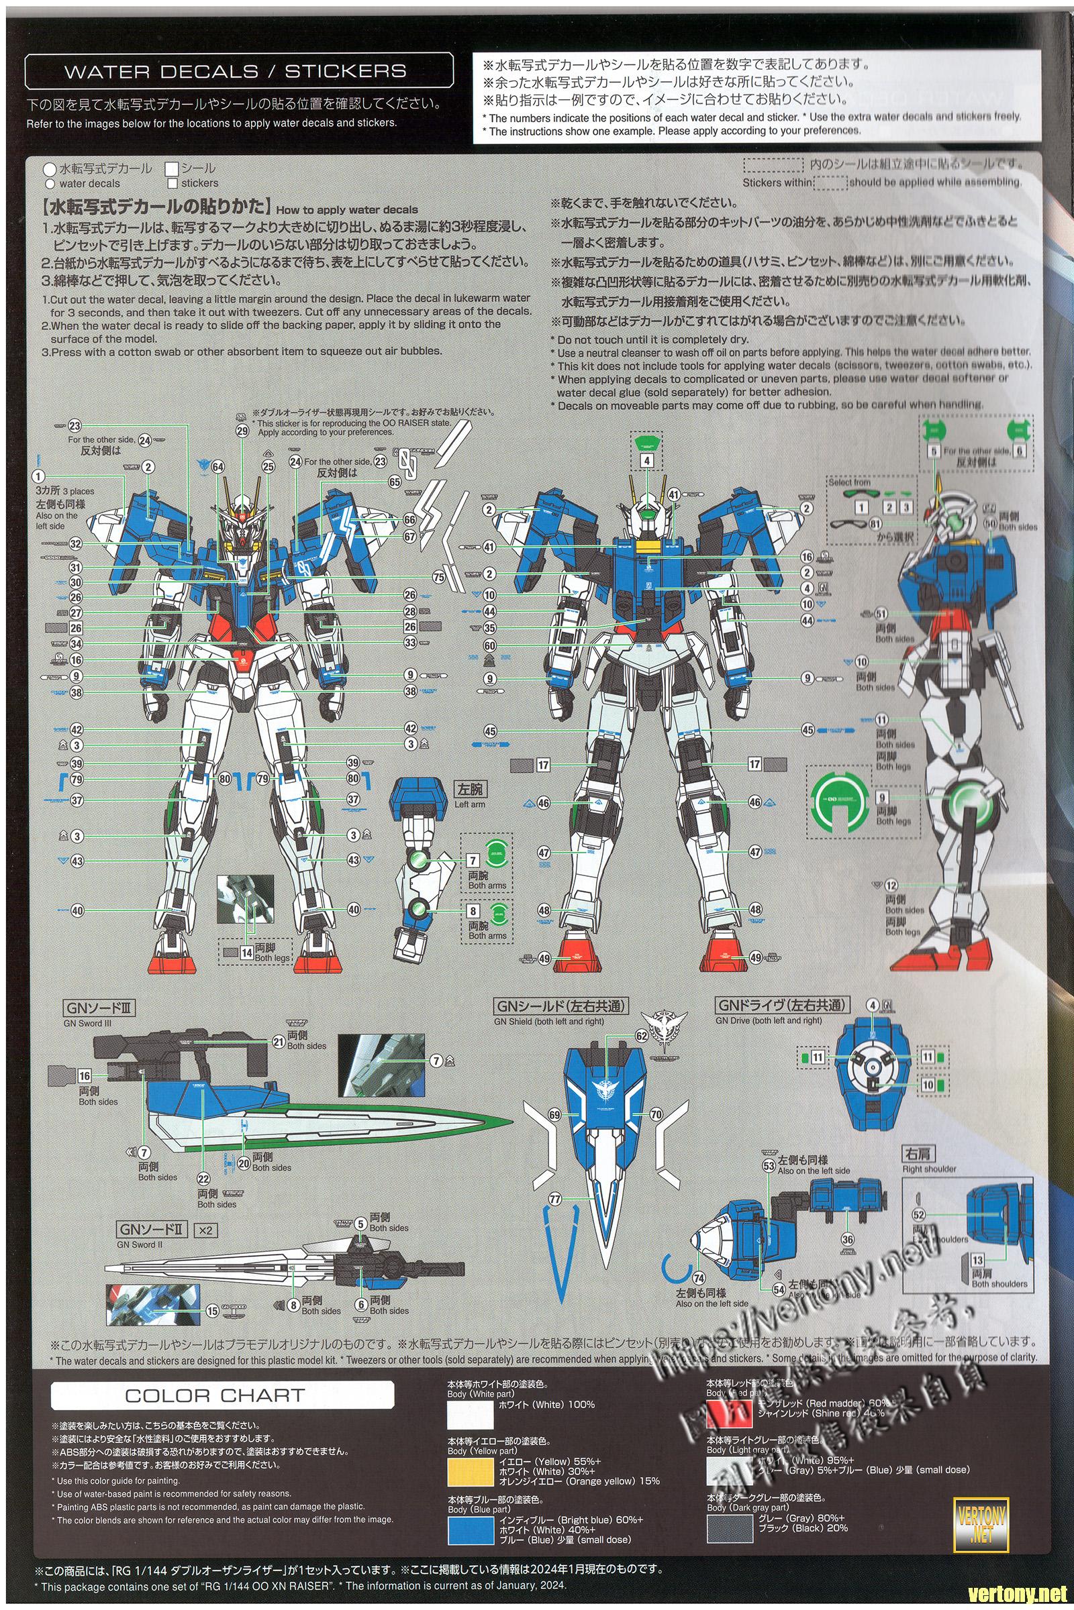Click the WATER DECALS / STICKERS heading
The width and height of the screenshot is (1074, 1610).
[x=235, y=71]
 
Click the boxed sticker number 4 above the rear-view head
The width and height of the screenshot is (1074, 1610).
[x=646, y=461]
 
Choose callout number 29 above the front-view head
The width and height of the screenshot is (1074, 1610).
[x=242, y=431]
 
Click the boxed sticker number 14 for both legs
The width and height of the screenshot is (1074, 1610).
[x=246, y=951]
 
